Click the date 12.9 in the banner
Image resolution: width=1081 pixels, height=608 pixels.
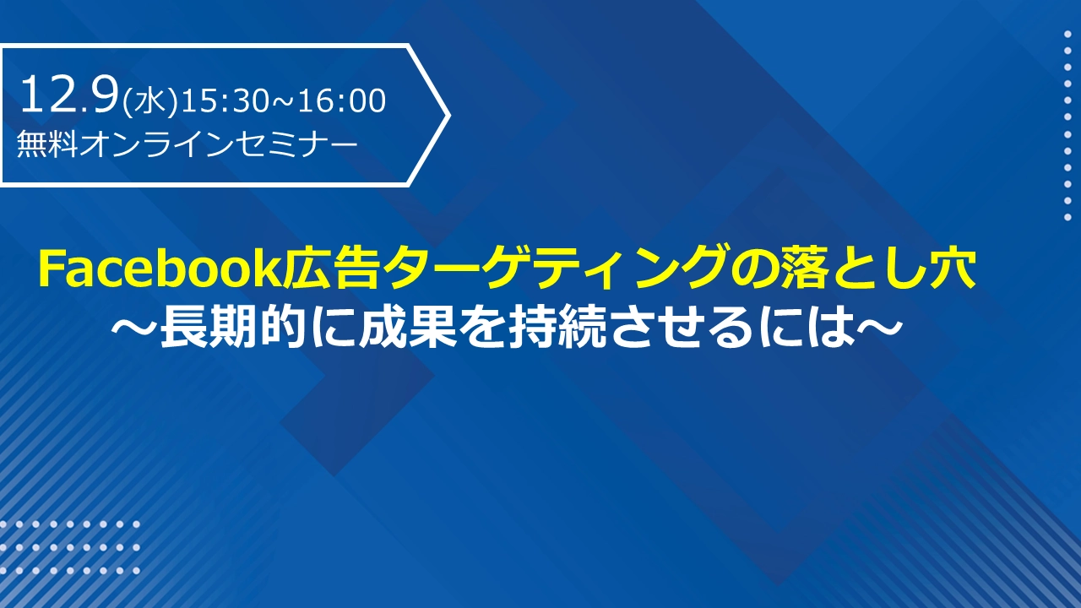[69, 95]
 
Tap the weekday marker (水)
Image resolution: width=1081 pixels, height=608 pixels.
[150, 102]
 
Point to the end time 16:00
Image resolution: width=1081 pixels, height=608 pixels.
[341, 100]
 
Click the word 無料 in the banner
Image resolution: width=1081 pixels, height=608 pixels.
[46, 144]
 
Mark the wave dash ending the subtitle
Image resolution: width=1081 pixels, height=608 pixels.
[878, 329]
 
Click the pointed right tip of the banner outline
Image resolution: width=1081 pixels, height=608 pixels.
[449, 115]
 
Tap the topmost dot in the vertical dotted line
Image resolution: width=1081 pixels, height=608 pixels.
[1067, 34]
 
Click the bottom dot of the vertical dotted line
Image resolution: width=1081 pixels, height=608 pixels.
[1067, 217]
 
